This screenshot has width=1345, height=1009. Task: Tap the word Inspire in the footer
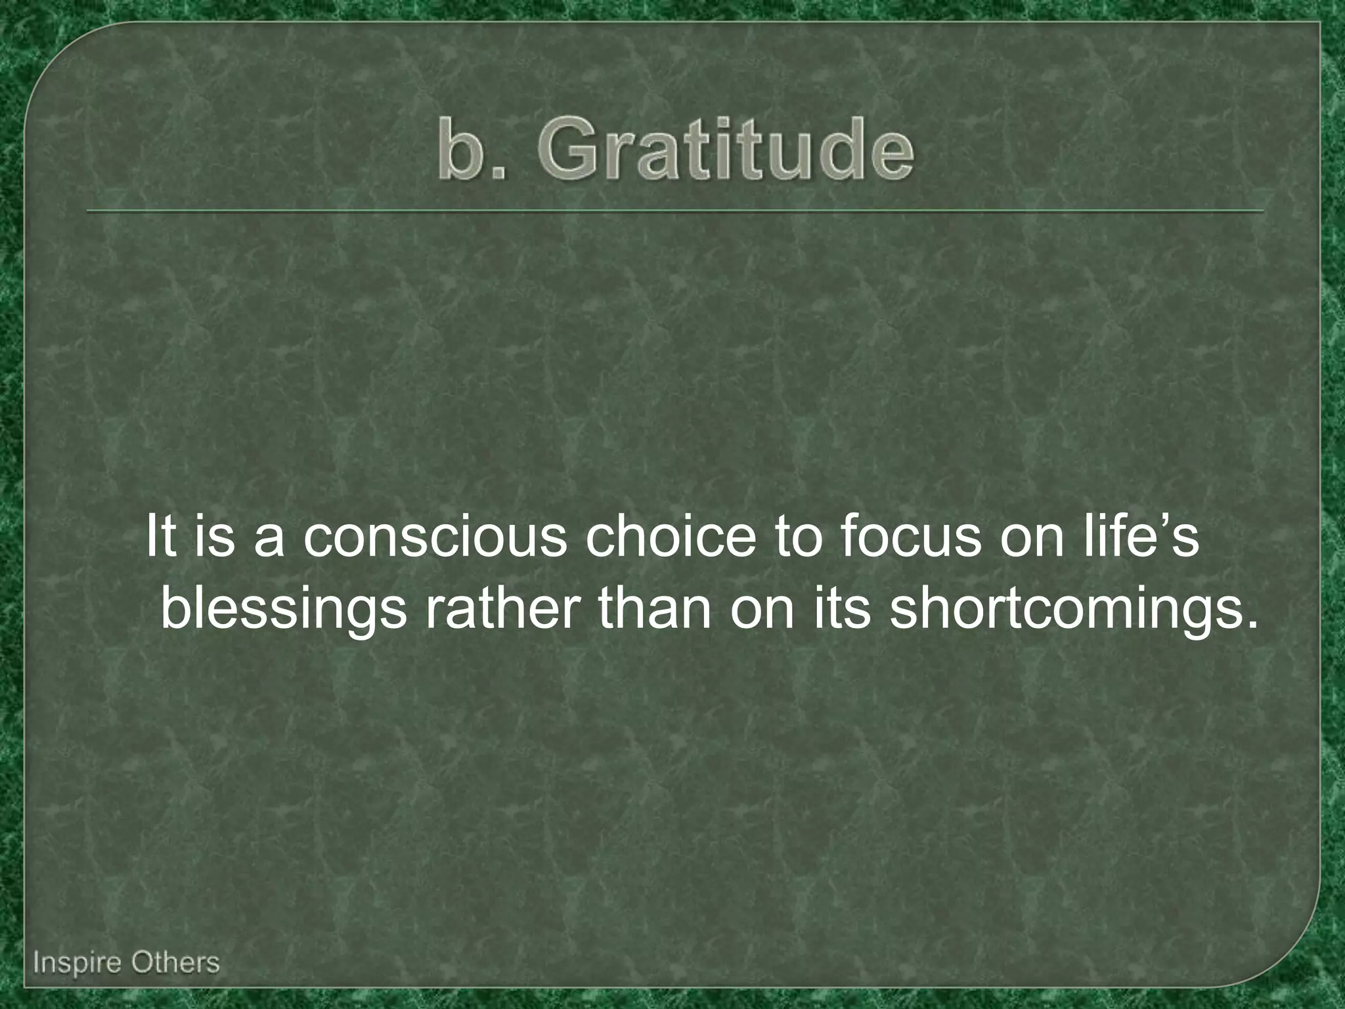[x=77, y=963]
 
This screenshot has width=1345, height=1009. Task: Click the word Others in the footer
[x=175, y=963]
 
